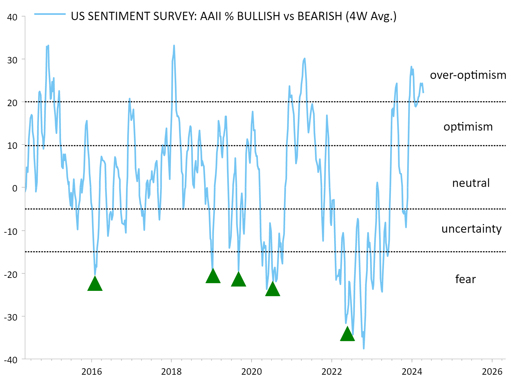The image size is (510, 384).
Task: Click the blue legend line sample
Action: pos(50,14)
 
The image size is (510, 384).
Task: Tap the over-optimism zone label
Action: pos(468,75)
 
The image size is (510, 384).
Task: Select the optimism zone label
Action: pos(468,127)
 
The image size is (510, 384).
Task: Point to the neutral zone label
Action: pos(471,183)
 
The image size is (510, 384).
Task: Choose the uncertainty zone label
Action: pos(471,229)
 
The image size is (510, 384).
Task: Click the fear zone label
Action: pos(465,279)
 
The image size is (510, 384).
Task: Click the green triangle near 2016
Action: pos(95,284)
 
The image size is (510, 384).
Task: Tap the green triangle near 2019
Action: pos(213,276)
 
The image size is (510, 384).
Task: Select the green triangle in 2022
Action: pos(347,334)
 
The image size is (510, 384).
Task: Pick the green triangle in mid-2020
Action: pos(272,289)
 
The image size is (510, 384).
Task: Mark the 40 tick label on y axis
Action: pos(12,17)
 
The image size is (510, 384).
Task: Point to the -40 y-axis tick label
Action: pos(11,360)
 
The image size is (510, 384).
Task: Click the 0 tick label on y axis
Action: pos(15,188)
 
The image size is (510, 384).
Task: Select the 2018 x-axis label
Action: pos(171,371)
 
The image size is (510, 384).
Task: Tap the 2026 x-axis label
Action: pos(492,371)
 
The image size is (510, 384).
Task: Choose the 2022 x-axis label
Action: pos(331,371)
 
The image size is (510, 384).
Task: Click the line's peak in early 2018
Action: pos(174,46)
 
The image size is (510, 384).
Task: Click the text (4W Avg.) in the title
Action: pos(371,16)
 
